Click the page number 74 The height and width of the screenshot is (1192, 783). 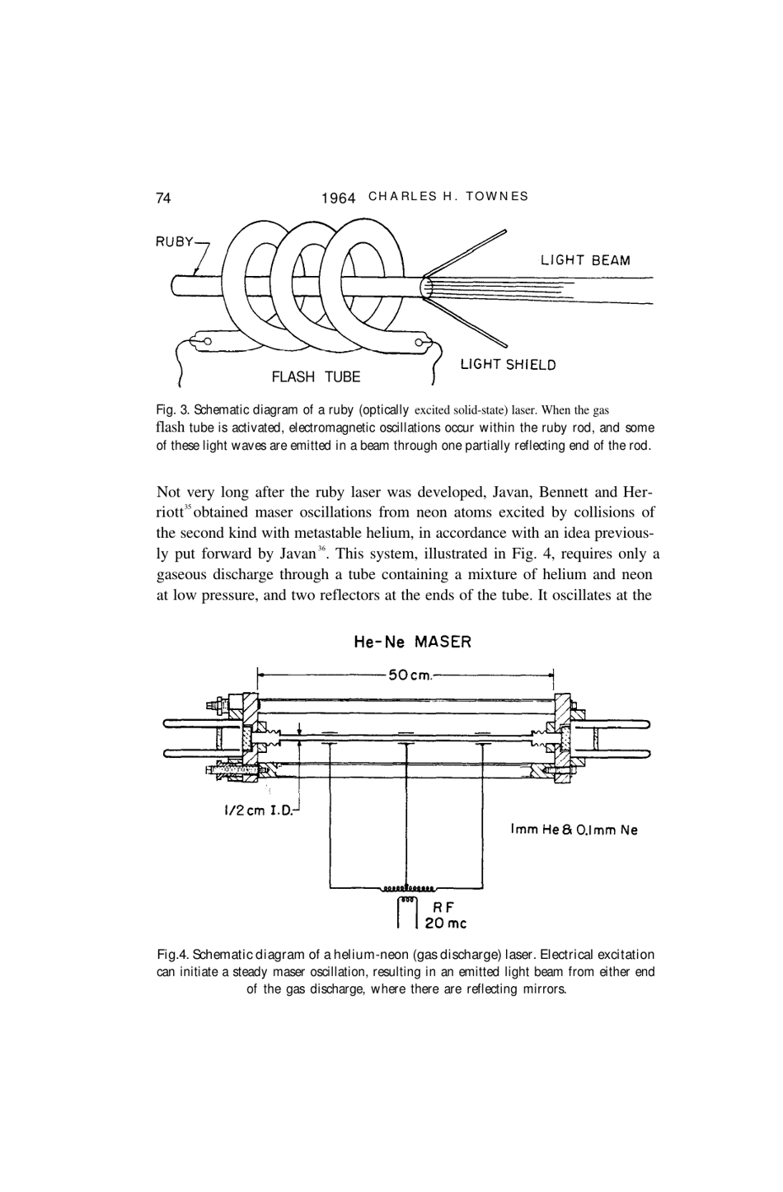click(x=163, y=198)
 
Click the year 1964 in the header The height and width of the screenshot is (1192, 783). click(x=338, y=199)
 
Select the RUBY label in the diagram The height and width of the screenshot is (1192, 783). click(x=174, y=242)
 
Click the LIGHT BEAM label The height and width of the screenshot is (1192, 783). click(x=585, y=261)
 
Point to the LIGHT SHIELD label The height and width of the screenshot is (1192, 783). click(x=508, y=365)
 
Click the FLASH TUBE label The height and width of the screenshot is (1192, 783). click(x=316, y=377)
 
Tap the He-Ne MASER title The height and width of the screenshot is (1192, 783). click(x=412, y=642)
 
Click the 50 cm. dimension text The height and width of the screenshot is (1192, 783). click(x=410, y=676)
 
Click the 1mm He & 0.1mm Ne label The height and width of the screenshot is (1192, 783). click(x=574, y=830)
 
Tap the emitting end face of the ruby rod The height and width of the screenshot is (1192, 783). click(x=426, y=287)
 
